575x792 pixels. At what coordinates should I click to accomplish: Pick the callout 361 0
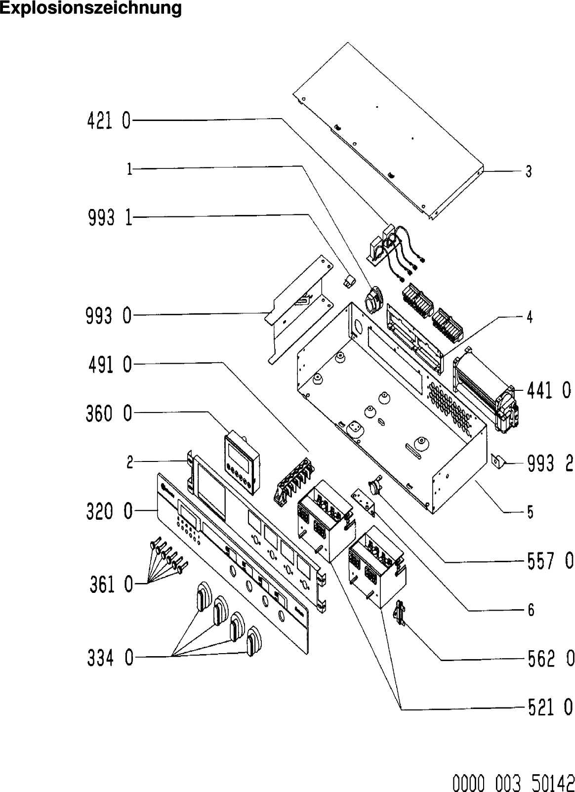click(111, 585)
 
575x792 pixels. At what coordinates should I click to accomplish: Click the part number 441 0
click(549, 391)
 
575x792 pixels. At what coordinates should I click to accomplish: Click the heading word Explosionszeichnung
click(90, 8)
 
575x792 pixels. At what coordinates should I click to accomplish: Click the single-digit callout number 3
click(528, 171)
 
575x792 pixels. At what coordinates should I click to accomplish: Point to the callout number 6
click(531, 610)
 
